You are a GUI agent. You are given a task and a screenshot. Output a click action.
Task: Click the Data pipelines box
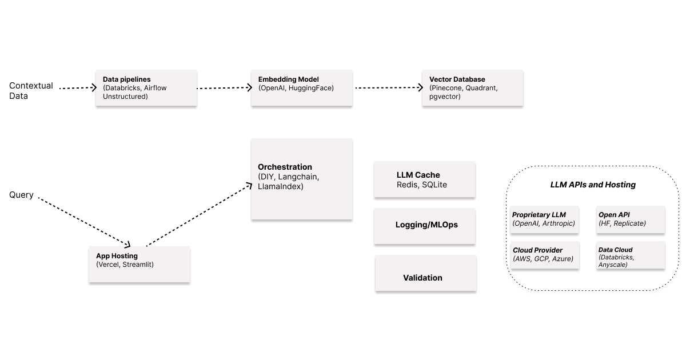click(x=146, y=88)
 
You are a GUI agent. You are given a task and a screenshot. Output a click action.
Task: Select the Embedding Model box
click(x=301, y=88)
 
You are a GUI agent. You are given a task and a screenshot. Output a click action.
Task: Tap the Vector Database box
click(x=472, y=88)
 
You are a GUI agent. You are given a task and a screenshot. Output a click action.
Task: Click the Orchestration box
click(x=301, y=178)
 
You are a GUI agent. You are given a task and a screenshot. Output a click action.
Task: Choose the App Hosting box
click(x=139, y=264)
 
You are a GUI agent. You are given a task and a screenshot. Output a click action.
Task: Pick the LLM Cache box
click(x=424, y=179)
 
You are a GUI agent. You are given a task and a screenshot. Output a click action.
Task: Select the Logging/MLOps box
click(x=424, y=225)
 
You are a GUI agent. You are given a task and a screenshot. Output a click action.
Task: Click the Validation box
click(x=425, y=273)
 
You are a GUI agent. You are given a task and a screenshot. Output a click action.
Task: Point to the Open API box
click(x=631, y=219)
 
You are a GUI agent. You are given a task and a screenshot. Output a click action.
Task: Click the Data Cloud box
click(x=631, y=255)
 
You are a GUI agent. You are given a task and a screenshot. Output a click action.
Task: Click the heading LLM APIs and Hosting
click(x=593, y=185)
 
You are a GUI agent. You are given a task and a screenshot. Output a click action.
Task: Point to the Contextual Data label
click(x=31, y=91)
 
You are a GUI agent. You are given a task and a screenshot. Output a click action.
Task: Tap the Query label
click(x=21, y=195)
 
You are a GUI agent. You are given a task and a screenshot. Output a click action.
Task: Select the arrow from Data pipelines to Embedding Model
click(x=224, y=88)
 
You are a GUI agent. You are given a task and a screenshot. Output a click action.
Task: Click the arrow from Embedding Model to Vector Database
click(x=389, y=88)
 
